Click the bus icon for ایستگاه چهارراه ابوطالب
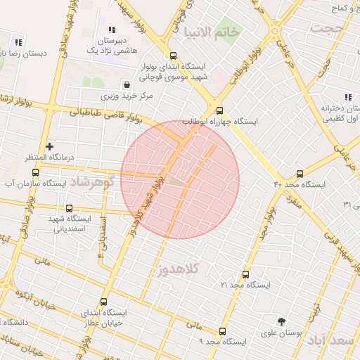(219, 110)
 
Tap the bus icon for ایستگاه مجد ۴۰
(300, 173)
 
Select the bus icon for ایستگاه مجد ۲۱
(245, 274)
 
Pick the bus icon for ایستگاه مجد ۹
(223, 330)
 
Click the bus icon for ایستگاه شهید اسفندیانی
(69, 208)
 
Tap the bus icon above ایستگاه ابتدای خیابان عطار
(104, 302)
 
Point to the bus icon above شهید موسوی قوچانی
(174, 56)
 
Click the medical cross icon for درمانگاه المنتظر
(49, 146)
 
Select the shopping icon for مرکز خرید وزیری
(125, 84)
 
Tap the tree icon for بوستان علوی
(282, 321)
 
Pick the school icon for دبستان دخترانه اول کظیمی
(347, 97)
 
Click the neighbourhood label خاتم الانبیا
(211, 32)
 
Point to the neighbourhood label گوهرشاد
(91, 181)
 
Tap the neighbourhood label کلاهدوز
(181, 269)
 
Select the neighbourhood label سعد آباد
(333, 341)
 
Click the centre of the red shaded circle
(180, 179)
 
